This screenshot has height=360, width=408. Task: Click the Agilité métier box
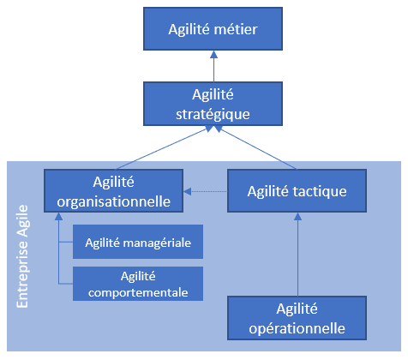tap(213, 29)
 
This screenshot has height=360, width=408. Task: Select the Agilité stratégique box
tap(213, 104)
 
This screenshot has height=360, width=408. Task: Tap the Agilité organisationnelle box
tap(113, 190)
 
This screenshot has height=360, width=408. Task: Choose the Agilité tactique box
tap(297, 190)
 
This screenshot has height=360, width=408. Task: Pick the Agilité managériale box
tap(138, 242)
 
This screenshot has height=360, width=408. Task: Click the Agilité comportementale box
tap(138, 284)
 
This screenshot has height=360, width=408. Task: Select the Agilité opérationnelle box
tap(297, 318)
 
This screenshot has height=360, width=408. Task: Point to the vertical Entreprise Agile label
tap(22, 256)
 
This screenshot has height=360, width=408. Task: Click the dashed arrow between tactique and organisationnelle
tap(205, 191)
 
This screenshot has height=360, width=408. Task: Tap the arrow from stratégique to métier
tap(213, 66)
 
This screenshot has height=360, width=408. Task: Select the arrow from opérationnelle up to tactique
tap(298, 255)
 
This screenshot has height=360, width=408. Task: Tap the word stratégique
tap(213, 115)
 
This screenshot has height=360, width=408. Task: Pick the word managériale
tap(158, 243)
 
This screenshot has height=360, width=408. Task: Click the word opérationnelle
tap(297, 328)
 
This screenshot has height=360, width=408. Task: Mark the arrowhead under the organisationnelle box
tap(58, 216)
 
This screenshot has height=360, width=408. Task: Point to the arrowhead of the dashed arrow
tap(188, 191)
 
